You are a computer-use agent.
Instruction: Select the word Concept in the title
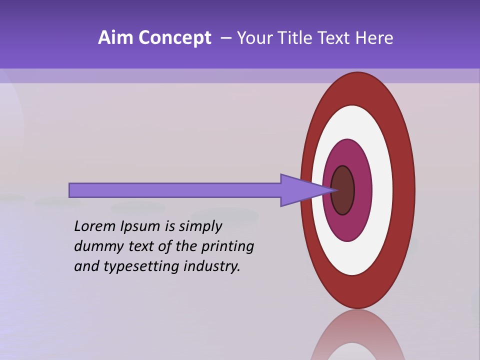pyautogui.click(x=174, y=38)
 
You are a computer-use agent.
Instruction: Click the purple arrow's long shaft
pyautogui.click(x=175, y=190)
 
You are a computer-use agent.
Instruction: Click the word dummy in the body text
pyautogui.click(x=97, y=246)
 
